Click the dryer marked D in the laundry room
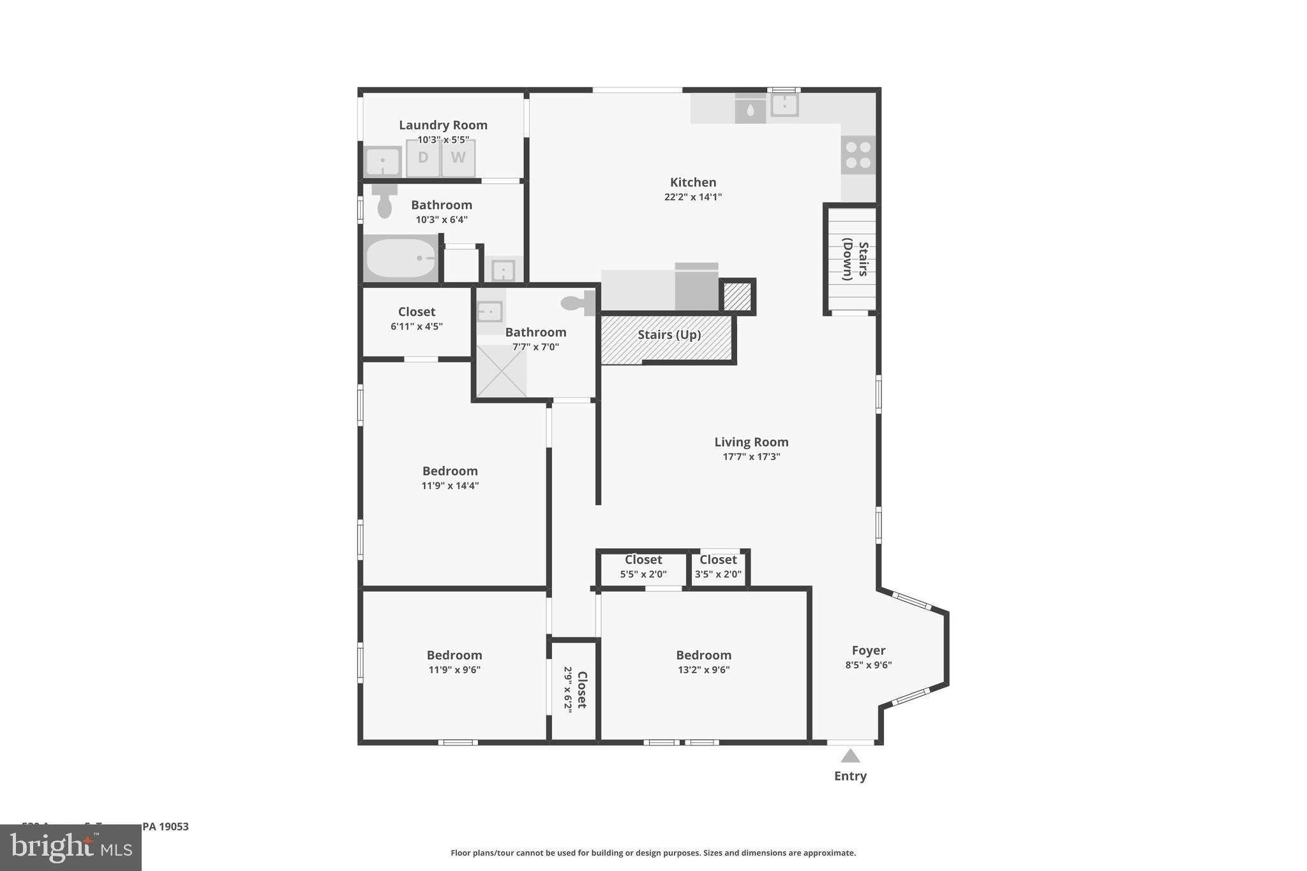click(x=422, y=158)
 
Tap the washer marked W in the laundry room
click(x=458, y=158)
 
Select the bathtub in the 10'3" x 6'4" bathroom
click(x=401, y=258)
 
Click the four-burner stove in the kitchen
click(x=858, y=155)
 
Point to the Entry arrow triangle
click(x=850, y=756)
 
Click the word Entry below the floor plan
click(x=850, y=776)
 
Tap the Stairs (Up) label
click(x=669, y=335)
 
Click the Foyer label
click(x=868, y=650)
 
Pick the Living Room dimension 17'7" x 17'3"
click(x=751, y=457)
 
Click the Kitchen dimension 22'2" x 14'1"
click(x=692, y=197)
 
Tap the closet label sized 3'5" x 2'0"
click(x=718, y=560)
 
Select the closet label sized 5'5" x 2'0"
click(x=643, y=560)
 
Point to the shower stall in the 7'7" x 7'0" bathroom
click(x=501, y=371)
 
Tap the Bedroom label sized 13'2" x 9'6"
click(x=703, y=655)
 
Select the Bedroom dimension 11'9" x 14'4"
click(x=450, y=486)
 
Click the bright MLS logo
click(x=71, y=847)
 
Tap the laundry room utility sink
click(x=382, y=161)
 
